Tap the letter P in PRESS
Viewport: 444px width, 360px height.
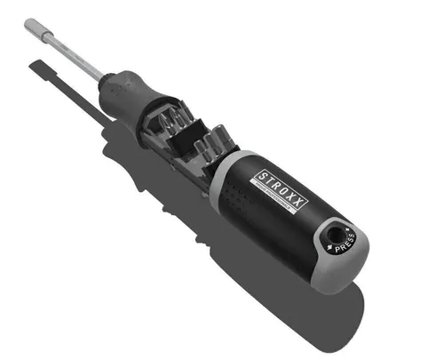336,248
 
